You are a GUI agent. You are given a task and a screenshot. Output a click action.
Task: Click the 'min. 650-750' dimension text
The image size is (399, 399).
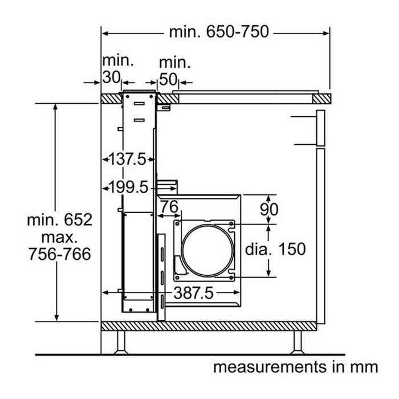[218, 32]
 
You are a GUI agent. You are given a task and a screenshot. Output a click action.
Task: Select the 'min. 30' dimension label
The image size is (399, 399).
[117, 68]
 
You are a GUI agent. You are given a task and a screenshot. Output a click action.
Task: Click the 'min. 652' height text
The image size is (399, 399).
[59, 219]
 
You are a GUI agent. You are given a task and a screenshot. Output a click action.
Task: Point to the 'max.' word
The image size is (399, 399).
[59, 237]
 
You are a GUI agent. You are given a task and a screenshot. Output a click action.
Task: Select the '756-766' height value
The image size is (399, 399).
[59, 254]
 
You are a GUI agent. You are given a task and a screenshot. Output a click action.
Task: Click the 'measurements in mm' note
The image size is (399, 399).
[295, 367]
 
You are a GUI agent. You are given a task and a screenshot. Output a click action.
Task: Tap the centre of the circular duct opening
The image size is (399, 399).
[207, 249]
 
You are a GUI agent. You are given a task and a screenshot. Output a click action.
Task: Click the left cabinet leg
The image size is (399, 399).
[120, 343]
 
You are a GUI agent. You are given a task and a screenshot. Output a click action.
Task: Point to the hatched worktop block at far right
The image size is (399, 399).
[321, 98]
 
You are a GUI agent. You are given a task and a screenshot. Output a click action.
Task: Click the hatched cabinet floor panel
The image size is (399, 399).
[208, 326]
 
